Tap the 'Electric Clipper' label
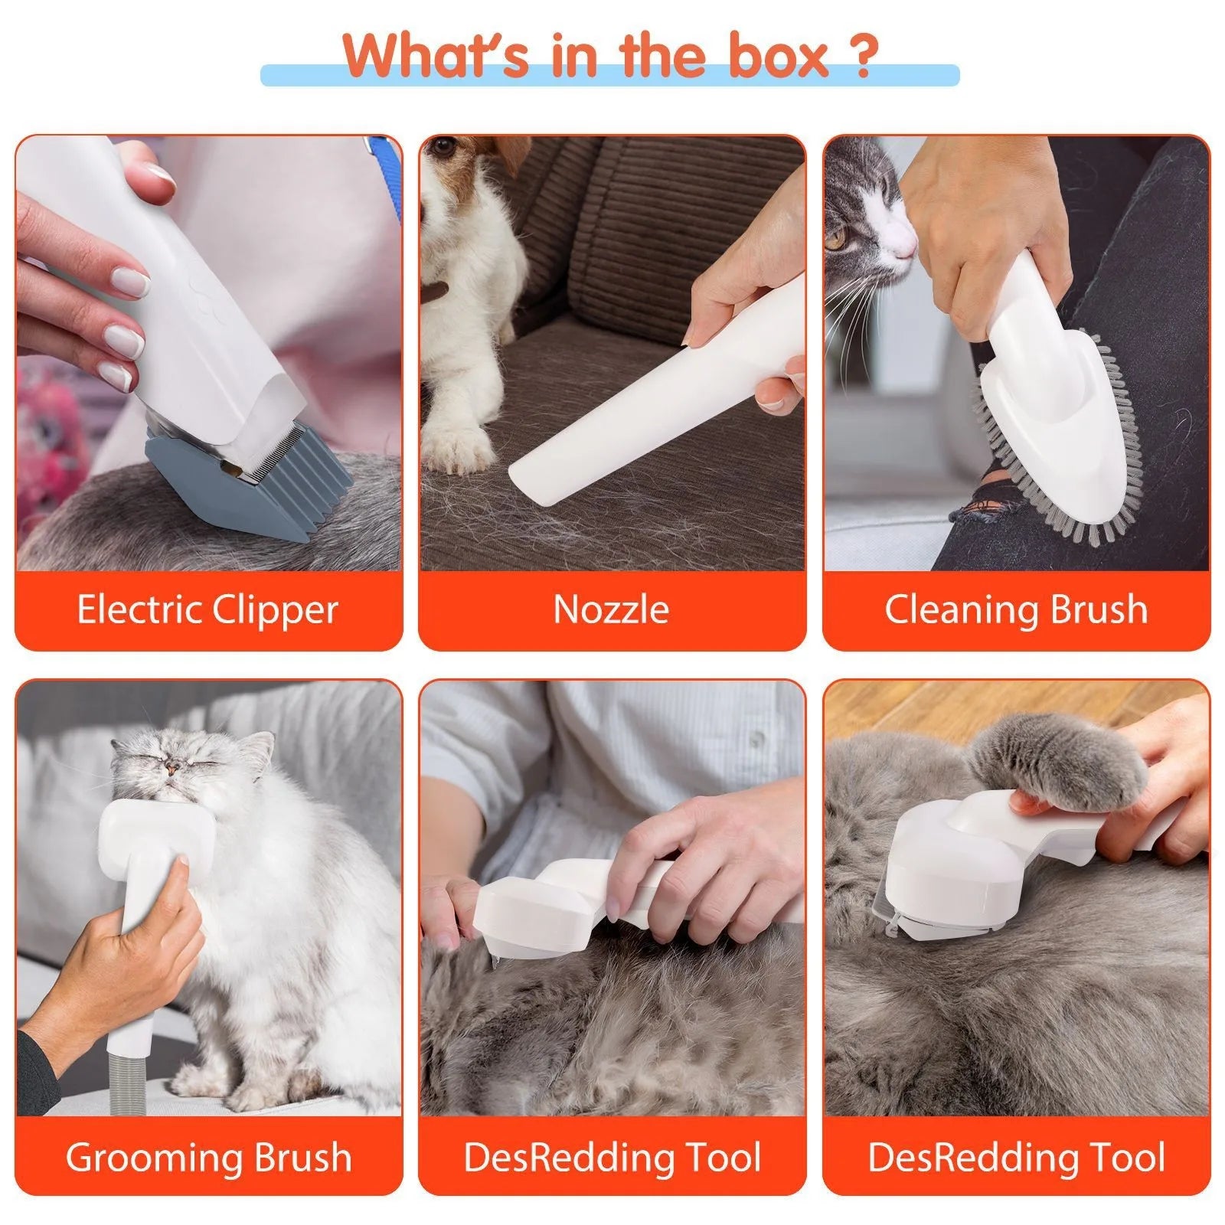coord(207,610)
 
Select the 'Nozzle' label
coord(611,610)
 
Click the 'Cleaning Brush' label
coord(1016,610)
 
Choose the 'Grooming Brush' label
coord(207,1157)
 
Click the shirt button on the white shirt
coord(756,737)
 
